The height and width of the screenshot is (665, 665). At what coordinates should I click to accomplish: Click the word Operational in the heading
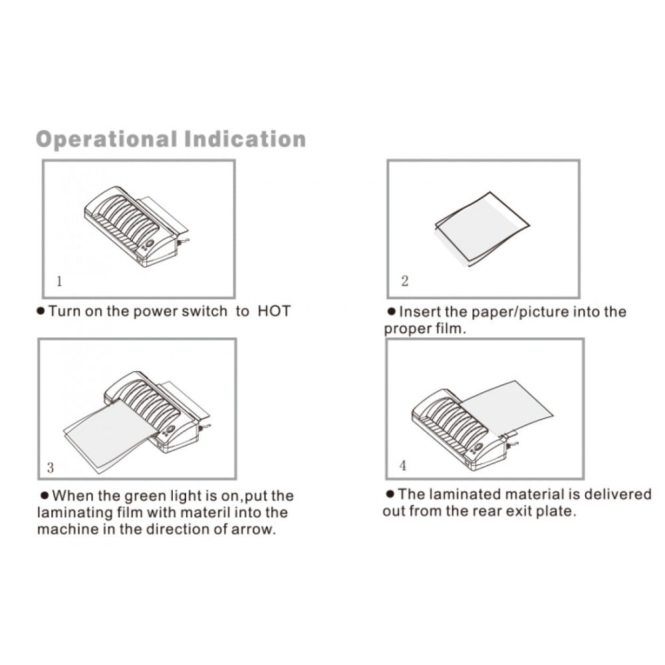coord(106,140)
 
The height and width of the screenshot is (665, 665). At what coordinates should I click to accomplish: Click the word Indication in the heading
coord(245,139)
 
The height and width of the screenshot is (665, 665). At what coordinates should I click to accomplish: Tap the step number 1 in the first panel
coord(59,281)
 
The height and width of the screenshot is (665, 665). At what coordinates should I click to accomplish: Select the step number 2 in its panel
coord(404,281)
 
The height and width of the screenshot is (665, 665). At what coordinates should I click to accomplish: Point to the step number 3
coord(51,467)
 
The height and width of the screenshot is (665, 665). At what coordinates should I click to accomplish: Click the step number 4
coord(403,465)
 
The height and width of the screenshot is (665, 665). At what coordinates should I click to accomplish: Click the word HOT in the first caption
coord(274,311)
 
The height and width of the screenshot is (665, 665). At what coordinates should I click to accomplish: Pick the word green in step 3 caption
coord(144,496)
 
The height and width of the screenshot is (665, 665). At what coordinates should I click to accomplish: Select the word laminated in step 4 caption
coord(464,495)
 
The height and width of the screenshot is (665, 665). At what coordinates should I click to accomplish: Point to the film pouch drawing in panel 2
coord(483,229)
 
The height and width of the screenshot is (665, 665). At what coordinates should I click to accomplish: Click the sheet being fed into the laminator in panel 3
coord(110,436)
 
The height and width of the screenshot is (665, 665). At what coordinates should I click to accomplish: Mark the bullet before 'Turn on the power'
coord(41,312)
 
